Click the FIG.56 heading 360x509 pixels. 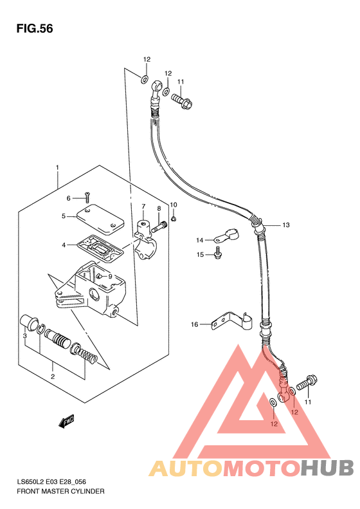35,28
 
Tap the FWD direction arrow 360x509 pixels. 66,421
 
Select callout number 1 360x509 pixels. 57,167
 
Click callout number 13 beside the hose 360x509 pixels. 285,225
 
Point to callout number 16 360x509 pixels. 194,324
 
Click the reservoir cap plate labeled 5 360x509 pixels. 100,220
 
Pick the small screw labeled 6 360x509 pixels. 87,198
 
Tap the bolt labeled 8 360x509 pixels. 159,227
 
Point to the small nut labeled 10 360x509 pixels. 174,219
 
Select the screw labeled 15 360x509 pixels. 218,252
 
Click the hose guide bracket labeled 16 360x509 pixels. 231,321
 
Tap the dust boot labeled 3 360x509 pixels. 28,322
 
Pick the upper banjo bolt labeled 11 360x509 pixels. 182,100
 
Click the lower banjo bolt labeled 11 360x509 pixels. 307,382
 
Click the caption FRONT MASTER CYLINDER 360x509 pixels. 60,491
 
